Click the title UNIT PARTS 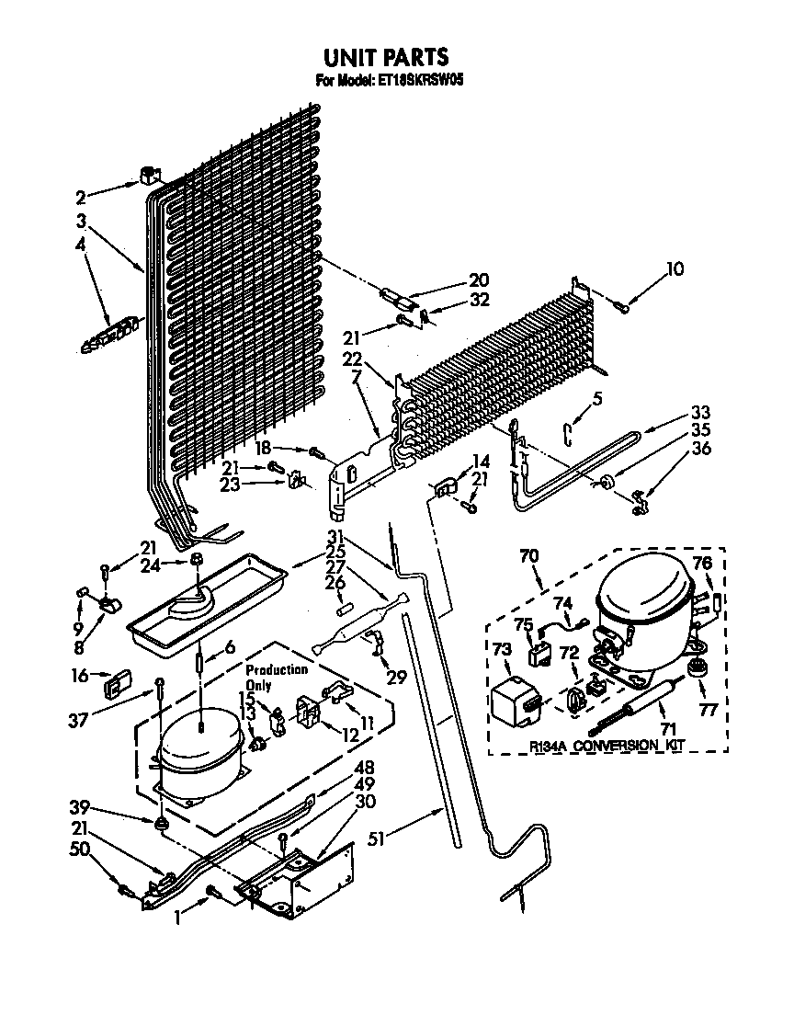385,60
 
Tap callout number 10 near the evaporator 675,269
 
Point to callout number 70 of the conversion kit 528,555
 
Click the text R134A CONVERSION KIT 607,746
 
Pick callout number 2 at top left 81,196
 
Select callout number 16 81,676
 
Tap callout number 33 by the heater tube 699,412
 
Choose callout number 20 479,280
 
